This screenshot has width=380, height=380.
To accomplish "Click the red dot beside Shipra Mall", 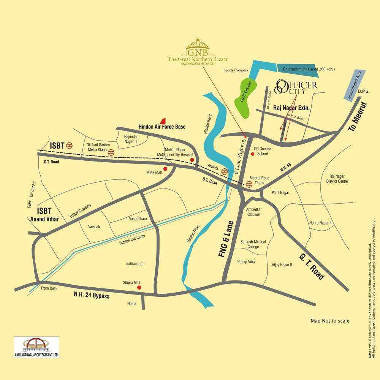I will point(139,288).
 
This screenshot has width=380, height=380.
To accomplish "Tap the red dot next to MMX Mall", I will point(165,169).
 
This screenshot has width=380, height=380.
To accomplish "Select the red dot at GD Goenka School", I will point(252,154).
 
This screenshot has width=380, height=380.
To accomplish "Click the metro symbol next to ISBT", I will point(69,145).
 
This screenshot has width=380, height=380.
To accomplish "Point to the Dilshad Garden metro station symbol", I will point(111,152).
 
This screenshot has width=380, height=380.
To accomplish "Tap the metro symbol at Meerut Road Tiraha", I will point(249,184).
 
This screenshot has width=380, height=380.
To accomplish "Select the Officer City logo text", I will point(296,86).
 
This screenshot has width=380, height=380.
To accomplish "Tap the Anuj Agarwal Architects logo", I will point(36,347).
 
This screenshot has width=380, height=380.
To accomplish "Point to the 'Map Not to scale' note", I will point(330,321).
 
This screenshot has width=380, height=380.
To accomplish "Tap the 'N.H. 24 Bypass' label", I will point(92,295).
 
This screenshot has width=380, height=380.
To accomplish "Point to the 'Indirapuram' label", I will point(136,264).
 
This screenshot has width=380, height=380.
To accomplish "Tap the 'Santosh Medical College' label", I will point(253,244).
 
